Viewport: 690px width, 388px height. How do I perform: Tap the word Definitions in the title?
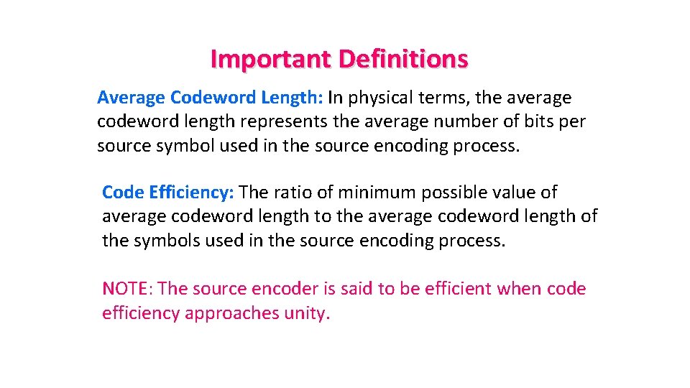402,58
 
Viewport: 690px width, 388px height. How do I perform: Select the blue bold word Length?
294,97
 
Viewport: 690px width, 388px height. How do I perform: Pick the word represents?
282,121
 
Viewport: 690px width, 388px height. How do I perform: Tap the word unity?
307,313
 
